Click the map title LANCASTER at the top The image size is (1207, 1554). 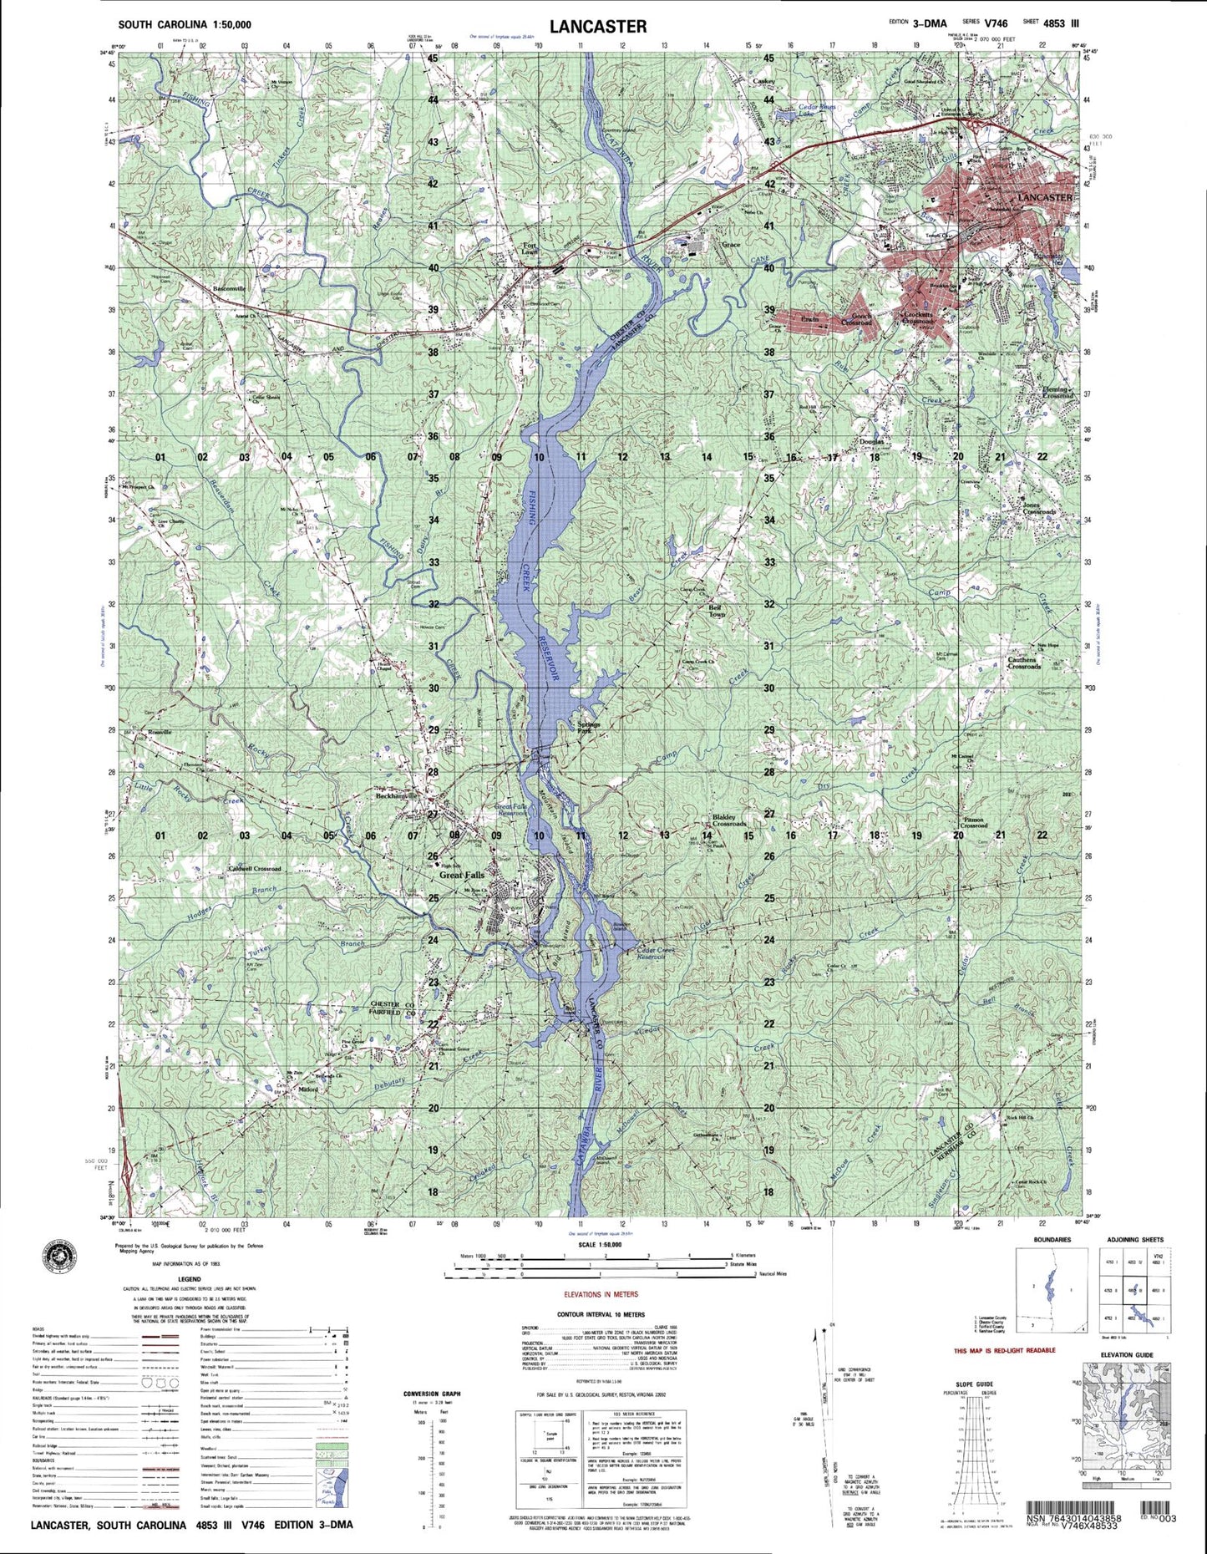coord(597,26)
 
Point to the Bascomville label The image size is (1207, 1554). coord(230,288)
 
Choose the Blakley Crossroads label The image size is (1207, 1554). coord(729,820)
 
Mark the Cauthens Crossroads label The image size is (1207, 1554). coord(1023,663)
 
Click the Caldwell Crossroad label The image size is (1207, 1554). coord(255,869)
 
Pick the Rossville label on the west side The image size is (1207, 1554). coord(160,732)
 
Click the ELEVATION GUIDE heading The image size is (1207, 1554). coord(1126,1354)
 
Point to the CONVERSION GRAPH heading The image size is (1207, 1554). coord(432,1394)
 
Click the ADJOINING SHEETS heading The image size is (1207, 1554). coord(1135,1240)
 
